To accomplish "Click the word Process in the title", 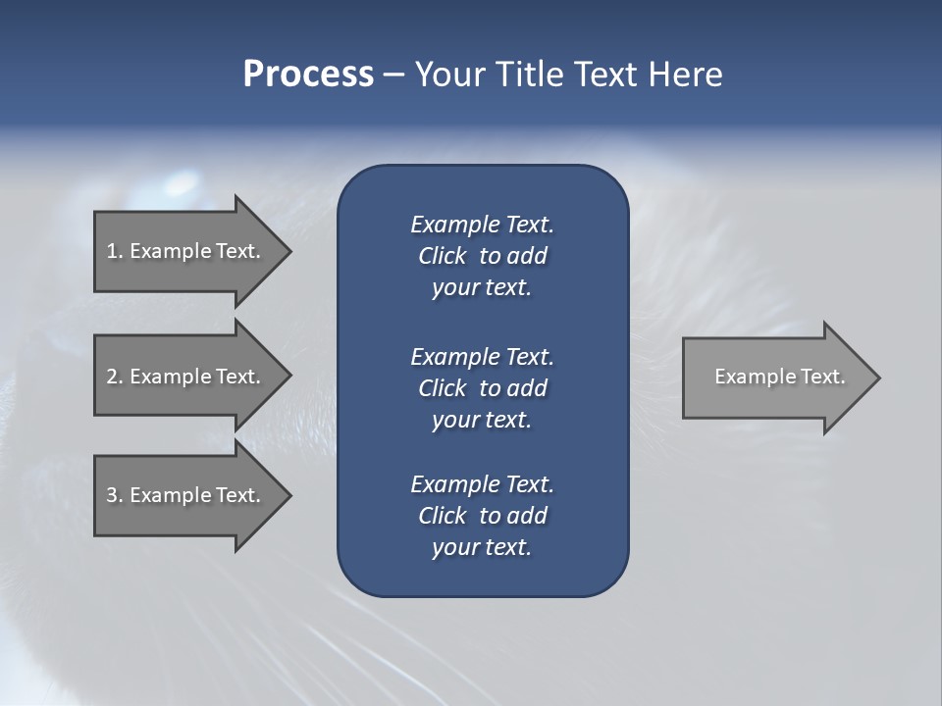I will (x=308, y=75).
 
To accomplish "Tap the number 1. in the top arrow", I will (x=115, y=251).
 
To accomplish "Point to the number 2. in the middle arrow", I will (x=115, y=377).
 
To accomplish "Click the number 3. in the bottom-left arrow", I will (x=115, y=495).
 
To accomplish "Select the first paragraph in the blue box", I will (x=482, y=256).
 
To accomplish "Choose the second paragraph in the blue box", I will (x=482, y=388).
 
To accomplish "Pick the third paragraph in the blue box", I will (x=482, y=516).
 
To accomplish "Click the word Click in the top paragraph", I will (x=442, y=256).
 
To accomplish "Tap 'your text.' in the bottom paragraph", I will (x=482, y=547).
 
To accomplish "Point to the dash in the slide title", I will (x=393, y=75).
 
